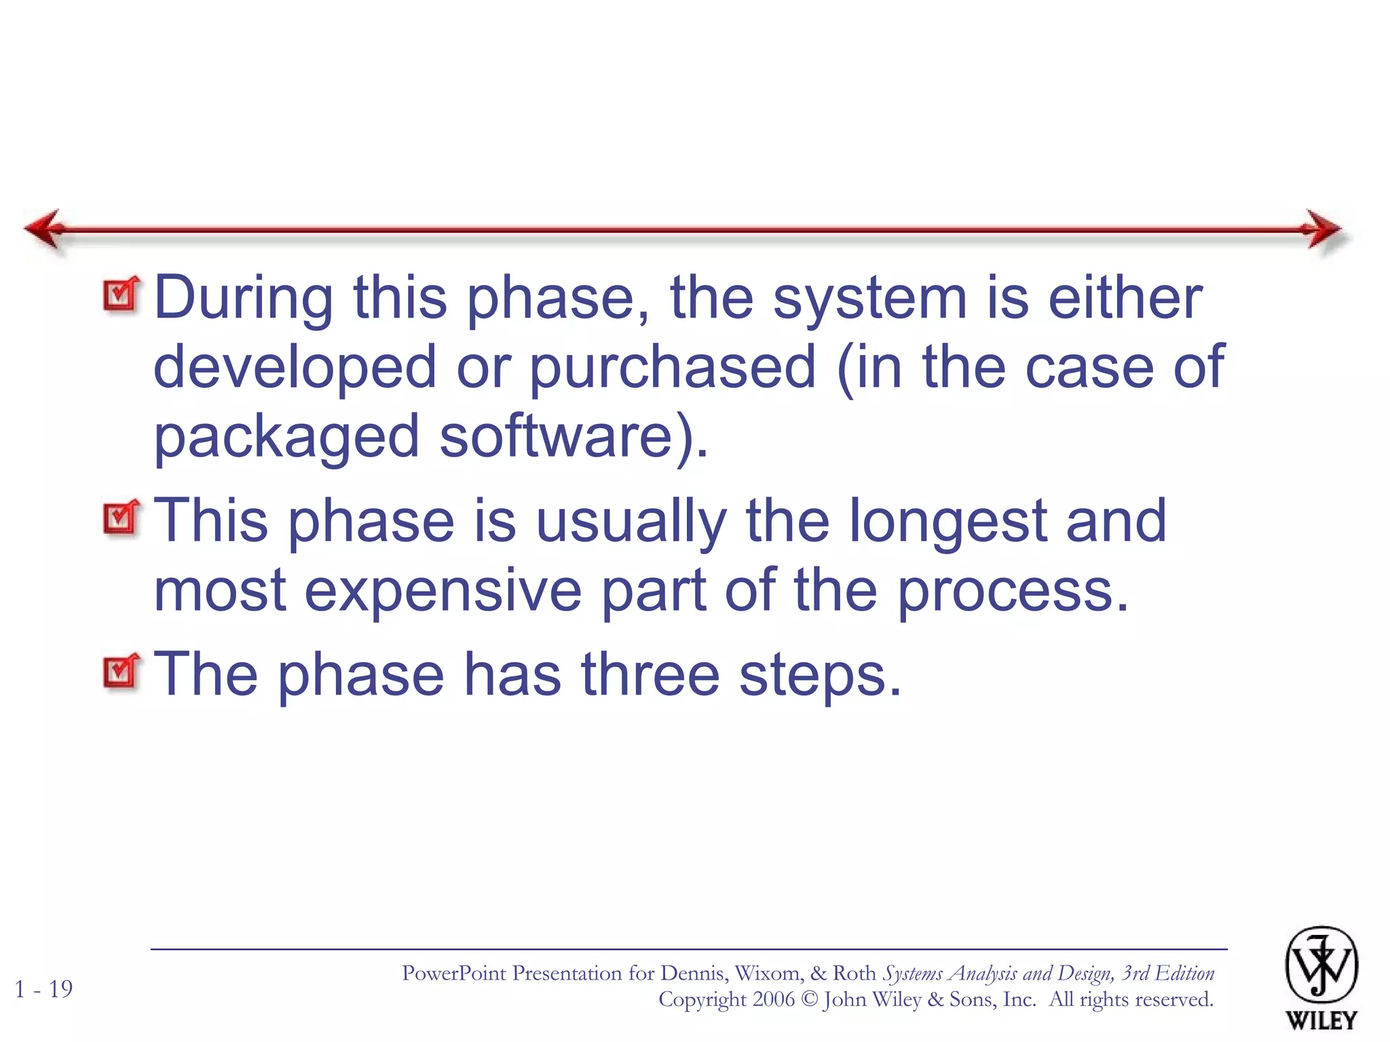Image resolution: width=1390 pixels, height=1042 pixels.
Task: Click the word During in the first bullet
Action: pyautogui.click(x=243, y=298)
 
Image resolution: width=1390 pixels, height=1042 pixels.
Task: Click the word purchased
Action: pyautogui.click(x=672, y=368)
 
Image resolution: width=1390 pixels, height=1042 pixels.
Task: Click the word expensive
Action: pyautogui.click(x=443, y=590)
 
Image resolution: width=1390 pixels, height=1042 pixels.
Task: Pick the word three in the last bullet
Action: pyautogui.click(x=650, y=674)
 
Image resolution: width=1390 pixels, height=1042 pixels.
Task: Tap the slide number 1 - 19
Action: pyautogui.click(x=43, y=989)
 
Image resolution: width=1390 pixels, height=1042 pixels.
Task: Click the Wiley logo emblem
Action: pyautogui.click(x=1321, y=965)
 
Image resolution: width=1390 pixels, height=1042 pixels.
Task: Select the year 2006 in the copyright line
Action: pyautogui.click(x=773, y=999)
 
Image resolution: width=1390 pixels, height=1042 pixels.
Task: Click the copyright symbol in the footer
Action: pyautogui.click(x=809, y=999)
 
